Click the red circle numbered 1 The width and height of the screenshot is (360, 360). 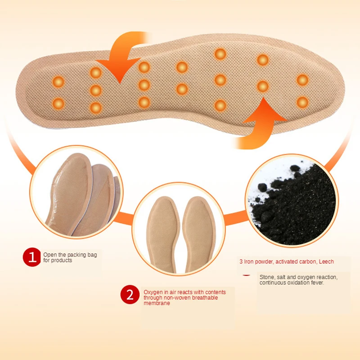click(32, 257)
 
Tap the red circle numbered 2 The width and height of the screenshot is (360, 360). click(130, 295)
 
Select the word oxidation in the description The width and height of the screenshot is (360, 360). click(297, 283)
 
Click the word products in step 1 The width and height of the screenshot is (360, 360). click(62, 261)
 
